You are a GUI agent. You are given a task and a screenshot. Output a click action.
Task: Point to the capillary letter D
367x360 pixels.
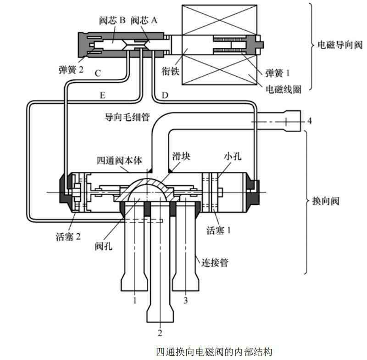tap(166, 96)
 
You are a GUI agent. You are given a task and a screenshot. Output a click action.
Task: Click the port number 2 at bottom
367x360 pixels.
tap(160, 332)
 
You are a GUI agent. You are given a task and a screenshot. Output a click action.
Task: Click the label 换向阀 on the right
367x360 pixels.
tap(328, 201)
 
